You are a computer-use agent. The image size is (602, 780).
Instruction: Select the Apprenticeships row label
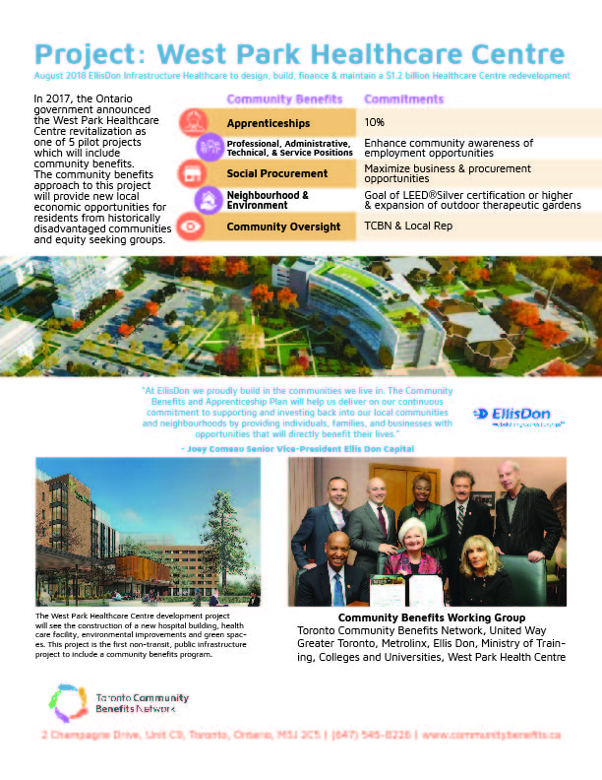point(269,124)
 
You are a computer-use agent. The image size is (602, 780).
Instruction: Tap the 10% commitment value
point(375,123)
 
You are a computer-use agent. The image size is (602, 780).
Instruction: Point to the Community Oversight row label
point(283,227)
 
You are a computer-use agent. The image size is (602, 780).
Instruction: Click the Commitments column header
point(403,99)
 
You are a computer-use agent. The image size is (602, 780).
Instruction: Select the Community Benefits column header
point(284,99)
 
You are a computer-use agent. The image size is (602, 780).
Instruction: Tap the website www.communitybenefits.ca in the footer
point(491,735)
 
